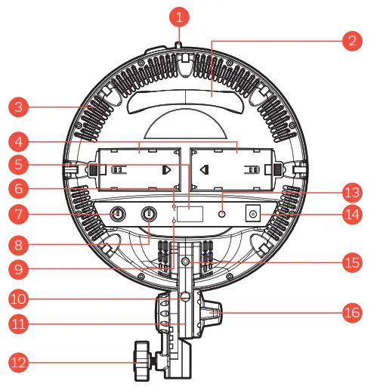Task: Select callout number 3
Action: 21,107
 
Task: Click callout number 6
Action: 21,189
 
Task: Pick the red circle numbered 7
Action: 21,215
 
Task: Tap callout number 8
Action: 21,244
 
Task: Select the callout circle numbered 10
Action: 21,299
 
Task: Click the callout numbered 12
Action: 21,362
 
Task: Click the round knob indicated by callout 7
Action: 118,215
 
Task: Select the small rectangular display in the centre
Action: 192,215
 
